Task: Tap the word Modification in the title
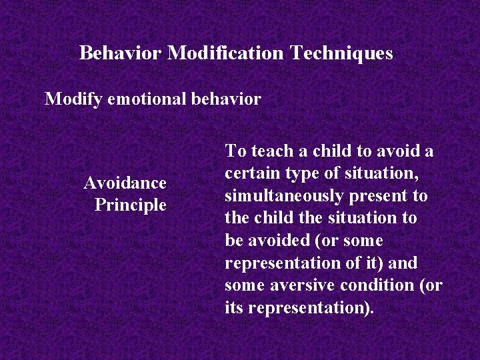pos(226,53)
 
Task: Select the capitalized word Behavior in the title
pos(120,53)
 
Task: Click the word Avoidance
pos(125,183)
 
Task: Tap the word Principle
pos(130,205)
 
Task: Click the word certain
pos(250,174)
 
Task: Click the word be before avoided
pos(234,241)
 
